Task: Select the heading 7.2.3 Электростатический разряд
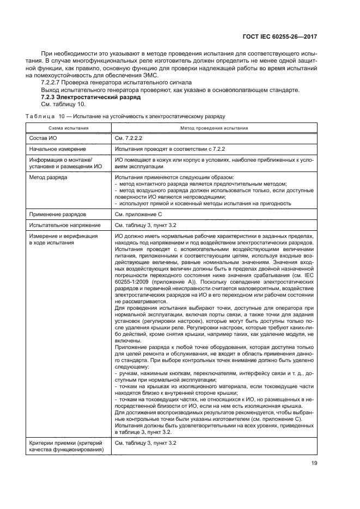pos(91,96)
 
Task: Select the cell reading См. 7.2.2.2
pos(129,138)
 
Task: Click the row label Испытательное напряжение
pos(65,224)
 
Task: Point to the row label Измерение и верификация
pos(63,236)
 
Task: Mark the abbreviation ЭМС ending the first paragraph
pos(149,75)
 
